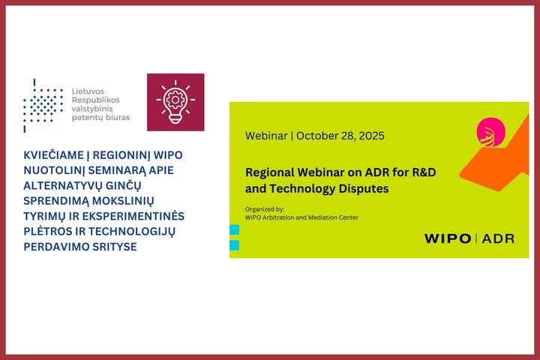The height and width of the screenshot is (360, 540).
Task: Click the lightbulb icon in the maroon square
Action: point(175,102)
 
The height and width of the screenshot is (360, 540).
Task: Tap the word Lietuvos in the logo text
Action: point(88,91)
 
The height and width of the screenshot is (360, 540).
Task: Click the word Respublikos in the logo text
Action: point(96,100)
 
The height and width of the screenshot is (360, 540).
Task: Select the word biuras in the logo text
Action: point(118,117)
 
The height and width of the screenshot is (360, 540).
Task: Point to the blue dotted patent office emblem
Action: point(43,106)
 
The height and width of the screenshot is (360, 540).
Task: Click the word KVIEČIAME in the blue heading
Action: point(53,155)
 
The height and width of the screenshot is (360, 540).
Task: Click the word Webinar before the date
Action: point(266,136)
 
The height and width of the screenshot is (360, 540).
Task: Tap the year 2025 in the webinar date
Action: point(371,136)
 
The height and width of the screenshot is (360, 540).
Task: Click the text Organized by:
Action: point(265,209)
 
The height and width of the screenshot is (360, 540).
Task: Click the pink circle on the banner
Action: point(490,132)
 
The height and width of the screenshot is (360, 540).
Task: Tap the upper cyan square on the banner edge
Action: point(235,229)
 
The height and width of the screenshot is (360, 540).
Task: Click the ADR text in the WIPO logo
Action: point(498,238)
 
